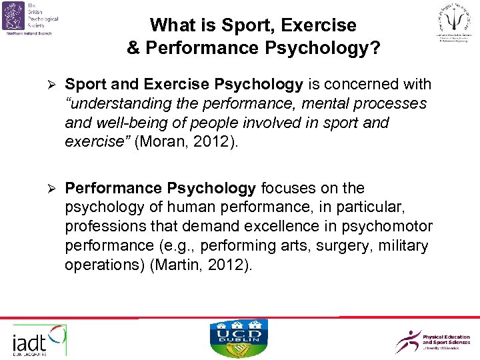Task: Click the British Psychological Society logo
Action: tap(32, 16)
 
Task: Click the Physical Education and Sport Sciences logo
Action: tap(433, 341)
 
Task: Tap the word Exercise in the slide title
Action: tap(318, 26)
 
